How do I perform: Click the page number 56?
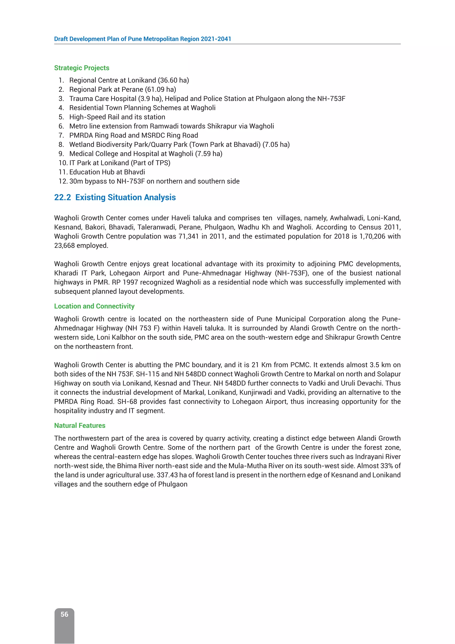tap(64, 614)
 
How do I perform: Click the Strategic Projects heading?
tap(82, 68)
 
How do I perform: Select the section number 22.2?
tap(62, 197)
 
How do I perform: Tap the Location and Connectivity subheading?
tap(94, 306)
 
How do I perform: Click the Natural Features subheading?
tap(80, 425)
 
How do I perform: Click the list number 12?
tap(62, 181)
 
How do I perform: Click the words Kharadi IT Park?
tap(80, 273)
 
